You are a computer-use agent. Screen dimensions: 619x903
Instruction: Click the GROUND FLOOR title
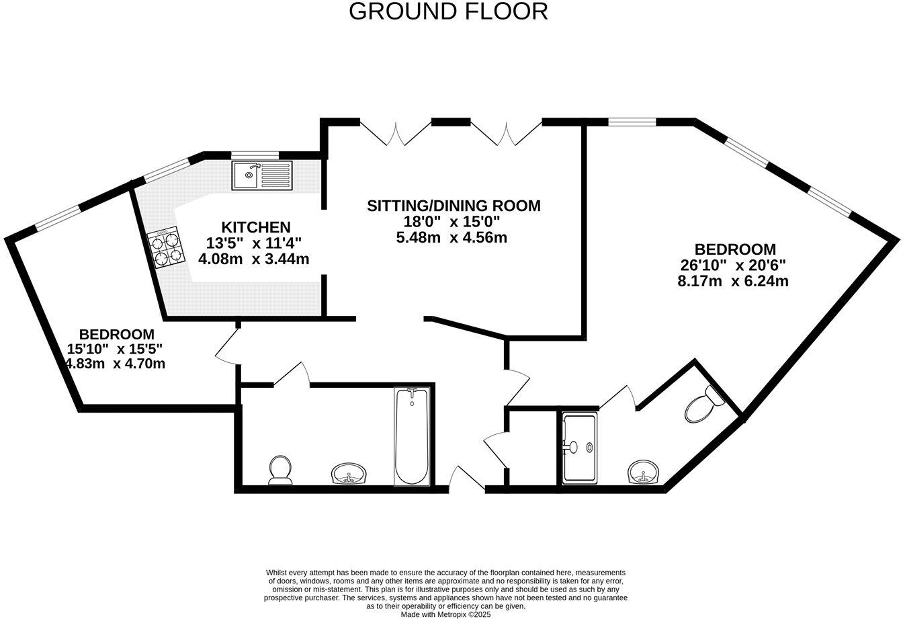tap(448, 11)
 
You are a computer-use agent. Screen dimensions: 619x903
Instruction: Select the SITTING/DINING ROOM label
tap(454, 206)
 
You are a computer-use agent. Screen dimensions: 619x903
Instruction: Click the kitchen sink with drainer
tap(262, 175)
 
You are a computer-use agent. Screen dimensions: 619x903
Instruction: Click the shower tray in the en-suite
tap(578, 448)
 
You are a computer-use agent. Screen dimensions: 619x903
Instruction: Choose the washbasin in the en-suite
tap(645, 472)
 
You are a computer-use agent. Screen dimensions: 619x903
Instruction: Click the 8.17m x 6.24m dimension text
tap(732, 282)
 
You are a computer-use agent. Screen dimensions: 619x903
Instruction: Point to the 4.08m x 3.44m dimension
tap(254, 259)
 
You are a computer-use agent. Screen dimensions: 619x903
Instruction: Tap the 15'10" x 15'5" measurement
tap(115, 349)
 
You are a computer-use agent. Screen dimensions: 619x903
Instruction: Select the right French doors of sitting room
tap(506, 132)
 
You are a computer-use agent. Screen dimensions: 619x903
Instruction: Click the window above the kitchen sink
tap(255, 155)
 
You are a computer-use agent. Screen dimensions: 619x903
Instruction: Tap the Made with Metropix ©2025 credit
tap(445, 614)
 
